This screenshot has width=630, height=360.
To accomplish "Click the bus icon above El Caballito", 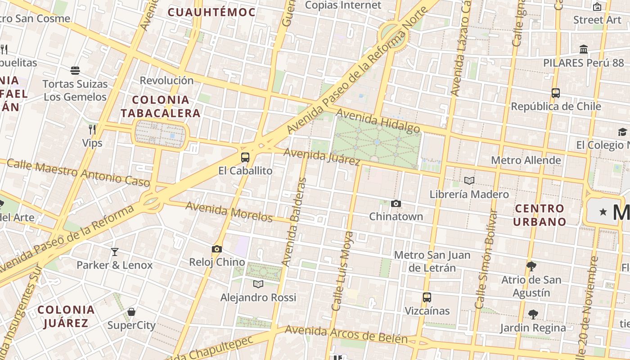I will (245, 157).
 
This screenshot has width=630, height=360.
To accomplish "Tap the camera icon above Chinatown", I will (396, 204).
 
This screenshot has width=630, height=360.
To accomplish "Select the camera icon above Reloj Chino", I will (217, 249).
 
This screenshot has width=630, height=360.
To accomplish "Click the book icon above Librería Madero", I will (469, 181).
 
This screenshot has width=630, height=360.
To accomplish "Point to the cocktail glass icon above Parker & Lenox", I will (115, 252).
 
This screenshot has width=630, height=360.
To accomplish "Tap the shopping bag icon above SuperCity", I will (131, 312).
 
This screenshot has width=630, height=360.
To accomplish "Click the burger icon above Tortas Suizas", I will (75, 71).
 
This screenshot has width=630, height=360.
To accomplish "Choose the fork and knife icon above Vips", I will (92, 130).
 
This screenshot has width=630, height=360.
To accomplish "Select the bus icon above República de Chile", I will (556, 93).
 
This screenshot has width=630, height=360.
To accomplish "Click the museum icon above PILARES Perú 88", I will (584, 49).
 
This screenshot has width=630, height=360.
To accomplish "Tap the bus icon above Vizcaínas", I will (427, 297).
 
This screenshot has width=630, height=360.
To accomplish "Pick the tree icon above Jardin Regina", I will (533, 314).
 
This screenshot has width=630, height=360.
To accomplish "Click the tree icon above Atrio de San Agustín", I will (531, 266).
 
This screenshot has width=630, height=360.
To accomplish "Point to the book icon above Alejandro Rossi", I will (258, 284).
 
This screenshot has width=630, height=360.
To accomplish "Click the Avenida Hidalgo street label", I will (378, 121).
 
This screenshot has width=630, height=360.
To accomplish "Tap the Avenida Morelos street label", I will (229, 211).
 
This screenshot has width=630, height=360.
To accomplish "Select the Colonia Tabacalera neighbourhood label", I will (160, 106).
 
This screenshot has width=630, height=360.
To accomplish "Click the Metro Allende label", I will (526, 160).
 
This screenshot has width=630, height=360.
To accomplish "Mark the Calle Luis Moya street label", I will (342, 271).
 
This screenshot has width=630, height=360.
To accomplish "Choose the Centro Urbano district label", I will (540, 215).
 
